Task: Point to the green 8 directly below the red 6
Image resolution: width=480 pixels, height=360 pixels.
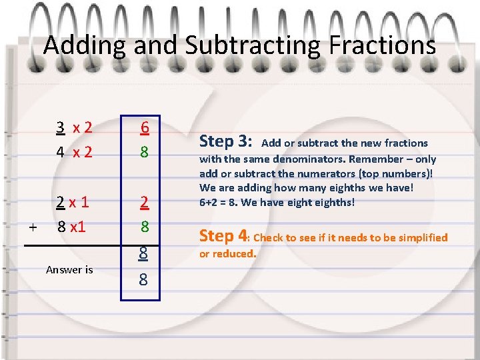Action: [144, 152]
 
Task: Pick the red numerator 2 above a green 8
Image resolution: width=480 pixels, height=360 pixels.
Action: [144, 201]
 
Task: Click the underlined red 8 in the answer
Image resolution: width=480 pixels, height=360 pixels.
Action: [144, 253]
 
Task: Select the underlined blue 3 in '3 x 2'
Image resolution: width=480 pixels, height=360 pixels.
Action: [60, 127]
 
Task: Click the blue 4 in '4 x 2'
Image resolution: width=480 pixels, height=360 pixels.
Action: [60, 152]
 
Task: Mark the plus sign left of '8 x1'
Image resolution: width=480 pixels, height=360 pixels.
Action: [33, 227]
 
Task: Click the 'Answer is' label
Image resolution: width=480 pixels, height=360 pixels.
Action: [69, 270]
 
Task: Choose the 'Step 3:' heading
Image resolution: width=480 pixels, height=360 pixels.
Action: [226, 141]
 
